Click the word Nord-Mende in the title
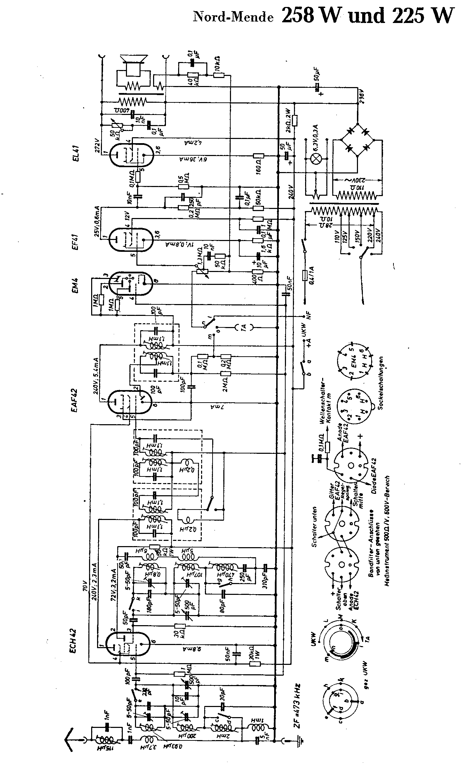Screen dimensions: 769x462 point(233,17)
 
